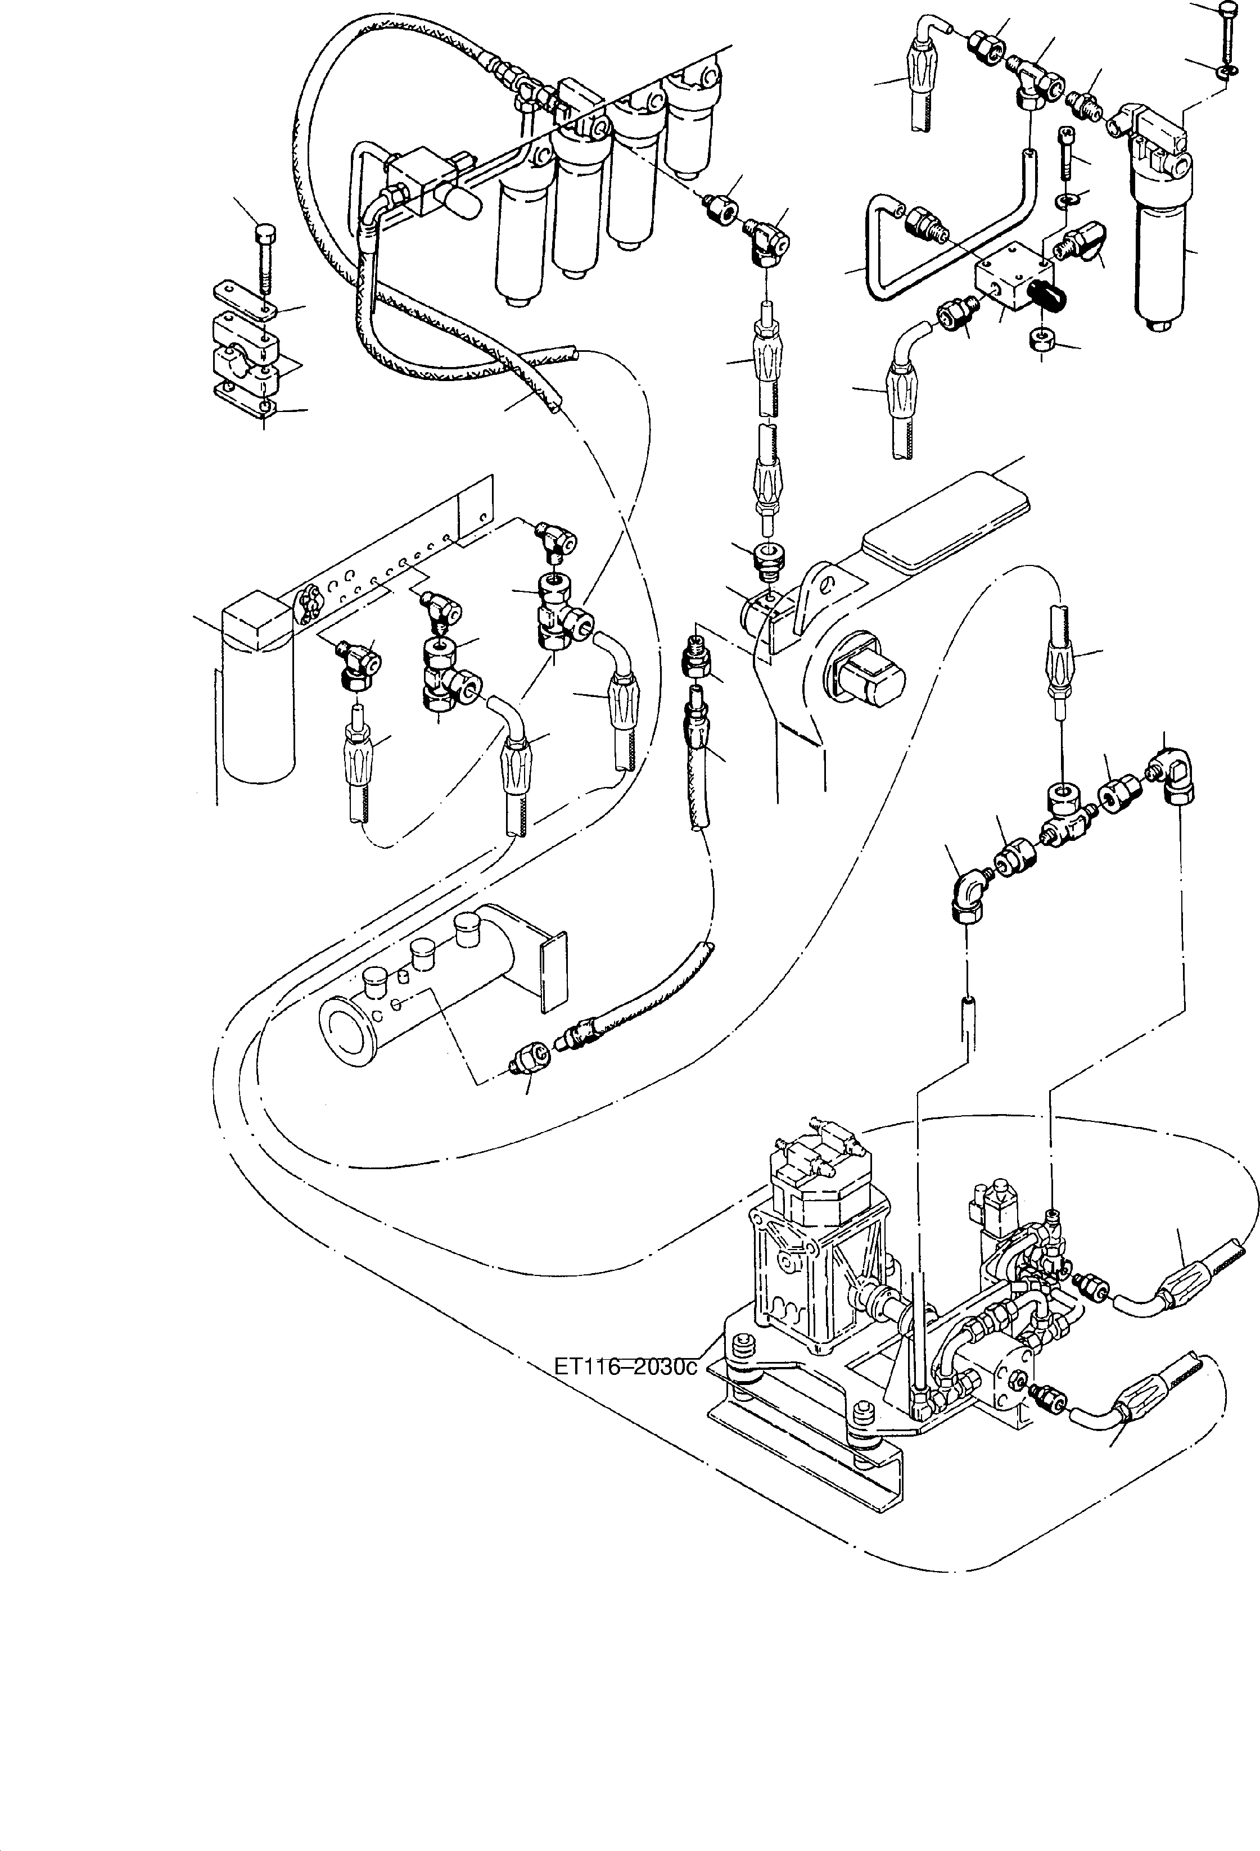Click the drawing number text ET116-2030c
[x=625, y=1366]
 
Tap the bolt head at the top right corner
[x=1227, y=10]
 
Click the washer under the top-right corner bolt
[x=1227, y=73]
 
